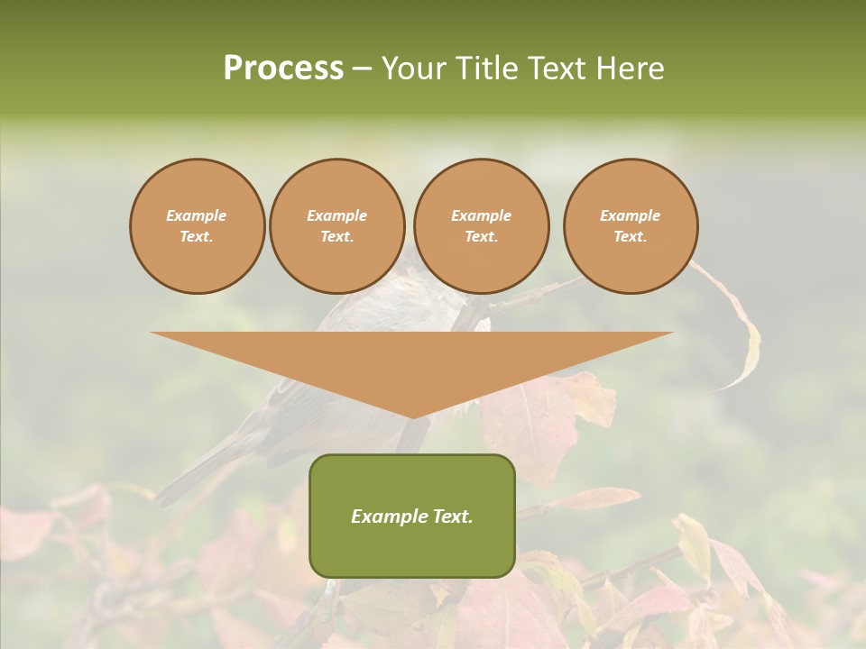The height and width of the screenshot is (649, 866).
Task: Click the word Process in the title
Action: [x=283, y=68]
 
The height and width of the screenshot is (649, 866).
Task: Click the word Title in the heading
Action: [x=488, y=68]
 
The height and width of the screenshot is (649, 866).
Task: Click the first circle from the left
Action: [x=198, y=226]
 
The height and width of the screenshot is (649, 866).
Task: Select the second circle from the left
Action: [x=337, y=226]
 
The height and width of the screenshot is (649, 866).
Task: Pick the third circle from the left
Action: [x=481, y=226]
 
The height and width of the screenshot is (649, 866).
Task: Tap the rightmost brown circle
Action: [x=631, y=226]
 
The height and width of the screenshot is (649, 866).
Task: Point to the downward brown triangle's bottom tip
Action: [x=412, y=416]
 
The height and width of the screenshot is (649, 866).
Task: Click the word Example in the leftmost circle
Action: [x=197, y=215]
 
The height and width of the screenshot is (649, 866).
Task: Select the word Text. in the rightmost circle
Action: [x=631, y=237]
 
